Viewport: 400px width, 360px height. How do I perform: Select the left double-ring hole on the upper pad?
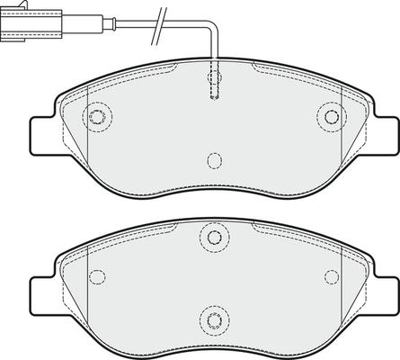(x=97, y=114)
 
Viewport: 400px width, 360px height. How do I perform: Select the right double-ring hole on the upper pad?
(x=332, y=114)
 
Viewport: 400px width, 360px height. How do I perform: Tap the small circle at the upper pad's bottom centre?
(x=214, y=160)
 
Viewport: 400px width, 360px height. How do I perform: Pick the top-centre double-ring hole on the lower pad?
(x=214, y=238)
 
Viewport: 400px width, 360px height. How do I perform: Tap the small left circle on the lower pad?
(x=98, y=274)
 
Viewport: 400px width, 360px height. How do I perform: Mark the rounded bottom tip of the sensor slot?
(x=214, y=101)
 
